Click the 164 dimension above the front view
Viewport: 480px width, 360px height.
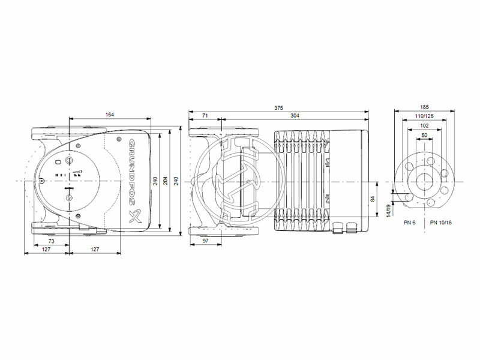[109, 115]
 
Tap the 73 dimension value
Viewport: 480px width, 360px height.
[51, 240]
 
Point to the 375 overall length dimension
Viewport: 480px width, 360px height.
[278, 108]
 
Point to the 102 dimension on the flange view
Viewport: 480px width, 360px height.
[425, 126]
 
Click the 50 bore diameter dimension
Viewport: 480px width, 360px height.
[425, 136]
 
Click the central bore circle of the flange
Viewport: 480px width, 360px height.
[425, 181]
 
